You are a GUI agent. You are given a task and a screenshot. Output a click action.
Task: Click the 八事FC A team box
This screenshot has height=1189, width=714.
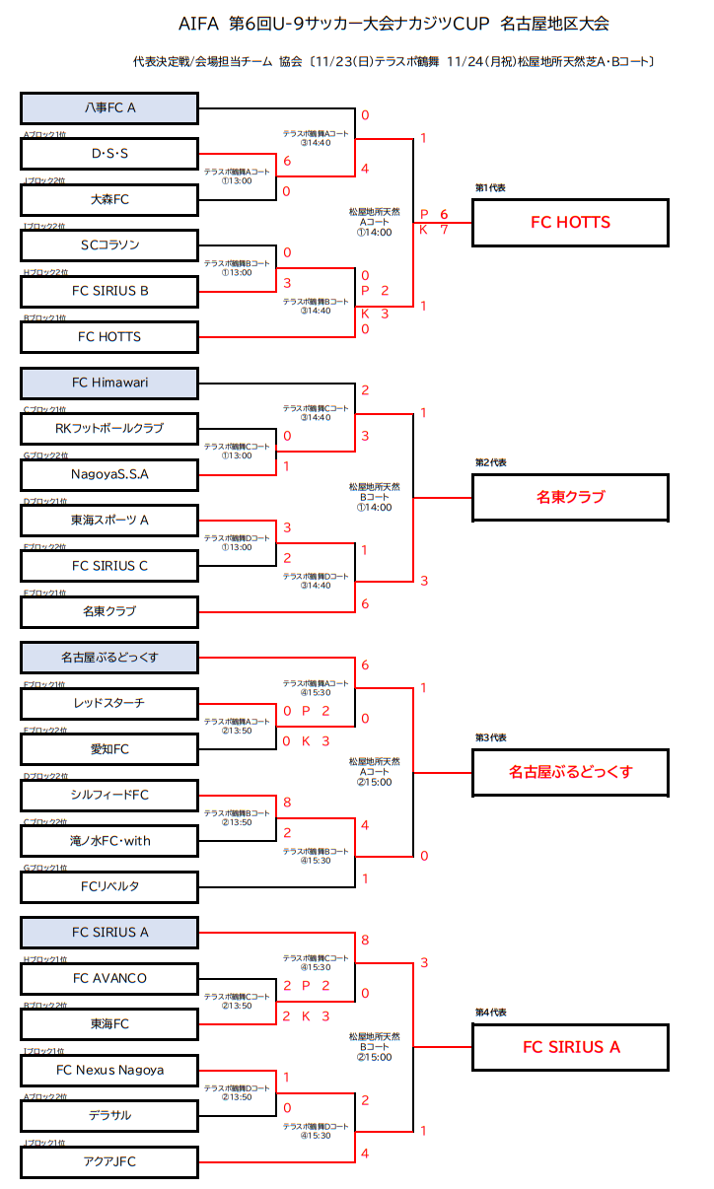pos(109,107)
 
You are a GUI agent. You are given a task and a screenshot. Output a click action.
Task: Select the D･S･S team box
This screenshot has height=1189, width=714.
pos(109,153)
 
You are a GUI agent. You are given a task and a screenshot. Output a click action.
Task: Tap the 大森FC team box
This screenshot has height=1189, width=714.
pos(109,199)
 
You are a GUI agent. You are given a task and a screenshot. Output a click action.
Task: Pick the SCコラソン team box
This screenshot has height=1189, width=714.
pos(109,245)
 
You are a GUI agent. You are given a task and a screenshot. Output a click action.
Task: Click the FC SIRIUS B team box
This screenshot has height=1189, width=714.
pos(109,291)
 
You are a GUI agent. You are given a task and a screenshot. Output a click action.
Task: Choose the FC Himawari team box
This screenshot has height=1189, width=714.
pos(109,383)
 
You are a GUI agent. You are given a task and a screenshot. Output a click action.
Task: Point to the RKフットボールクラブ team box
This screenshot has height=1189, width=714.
pos(109,428)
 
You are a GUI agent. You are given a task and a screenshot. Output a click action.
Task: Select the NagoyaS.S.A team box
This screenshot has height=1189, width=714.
pos(109,474)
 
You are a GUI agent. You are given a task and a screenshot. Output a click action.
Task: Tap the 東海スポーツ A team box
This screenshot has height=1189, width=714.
pos(109,520)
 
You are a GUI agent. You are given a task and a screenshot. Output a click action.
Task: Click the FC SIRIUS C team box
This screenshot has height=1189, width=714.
pos(109,566)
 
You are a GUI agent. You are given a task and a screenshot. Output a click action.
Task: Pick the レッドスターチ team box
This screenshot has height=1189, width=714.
pos(109,703)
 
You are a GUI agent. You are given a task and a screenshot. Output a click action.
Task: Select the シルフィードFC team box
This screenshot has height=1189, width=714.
pos(109,795)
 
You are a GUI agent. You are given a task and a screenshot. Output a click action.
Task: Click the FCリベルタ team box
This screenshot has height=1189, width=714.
pos(109,886)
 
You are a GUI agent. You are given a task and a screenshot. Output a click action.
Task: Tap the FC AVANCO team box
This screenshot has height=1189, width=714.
pos(109,978)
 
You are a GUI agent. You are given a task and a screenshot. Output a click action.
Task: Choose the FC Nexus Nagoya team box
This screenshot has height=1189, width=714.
pos(109,1070)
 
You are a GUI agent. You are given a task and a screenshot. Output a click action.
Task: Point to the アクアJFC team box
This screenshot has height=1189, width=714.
pos(109,1161)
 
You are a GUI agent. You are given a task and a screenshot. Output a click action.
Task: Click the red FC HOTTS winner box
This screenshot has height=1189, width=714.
pos(571,223)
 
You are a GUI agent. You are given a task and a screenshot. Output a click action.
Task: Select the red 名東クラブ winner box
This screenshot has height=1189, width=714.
pos(571,497)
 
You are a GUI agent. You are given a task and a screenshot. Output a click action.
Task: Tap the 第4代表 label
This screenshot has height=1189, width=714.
pos(490,1013)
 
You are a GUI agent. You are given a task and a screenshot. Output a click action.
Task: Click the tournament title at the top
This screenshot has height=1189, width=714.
pos(394,24)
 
